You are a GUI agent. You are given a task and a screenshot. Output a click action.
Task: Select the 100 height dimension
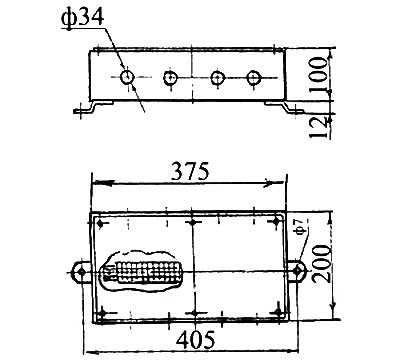[317, 75]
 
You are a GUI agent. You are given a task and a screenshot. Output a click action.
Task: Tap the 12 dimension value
[317, 127]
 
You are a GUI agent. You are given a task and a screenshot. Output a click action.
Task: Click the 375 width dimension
[190, 171]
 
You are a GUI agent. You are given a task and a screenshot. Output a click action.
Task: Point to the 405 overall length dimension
[196, 340]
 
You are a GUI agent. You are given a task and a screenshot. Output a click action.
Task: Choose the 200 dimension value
[322, 264]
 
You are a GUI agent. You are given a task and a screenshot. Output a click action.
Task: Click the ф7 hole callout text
[302, 228]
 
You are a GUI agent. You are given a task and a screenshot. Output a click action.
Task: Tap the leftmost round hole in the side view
[127, 77]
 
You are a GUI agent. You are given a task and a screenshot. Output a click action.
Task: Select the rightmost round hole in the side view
[253, 78]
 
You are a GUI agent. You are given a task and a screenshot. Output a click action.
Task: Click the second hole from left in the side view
[170, 78]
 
